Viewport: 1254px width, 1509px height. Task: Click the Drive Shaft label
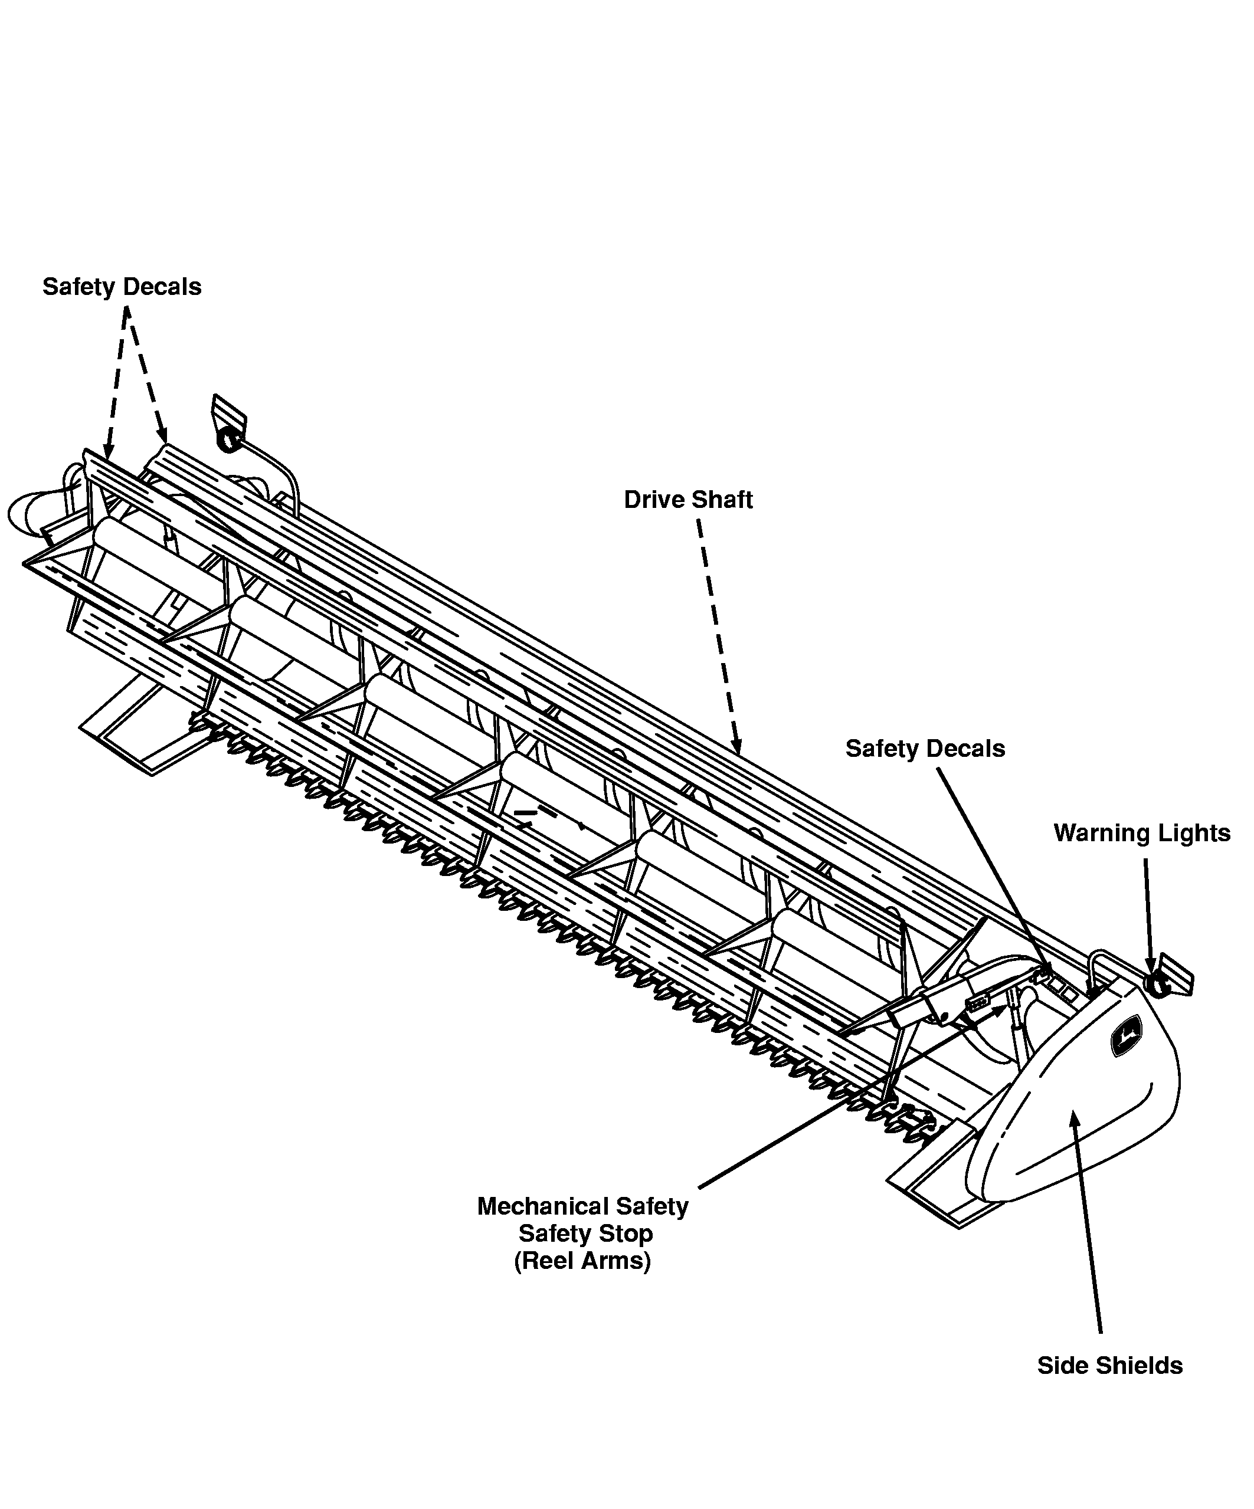click(x=687, y=500)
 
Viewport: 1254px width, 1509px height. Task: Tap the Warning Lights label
click(x=1142, y=834)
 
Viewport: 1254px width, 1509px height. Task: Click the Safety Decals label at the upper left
click(x=122, y=287)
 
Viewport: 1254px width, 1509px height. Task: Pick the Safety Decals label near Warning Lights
click(x=925, y=749)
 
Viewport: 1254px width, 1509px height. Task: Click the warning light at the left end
click(x=229, y=439)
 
